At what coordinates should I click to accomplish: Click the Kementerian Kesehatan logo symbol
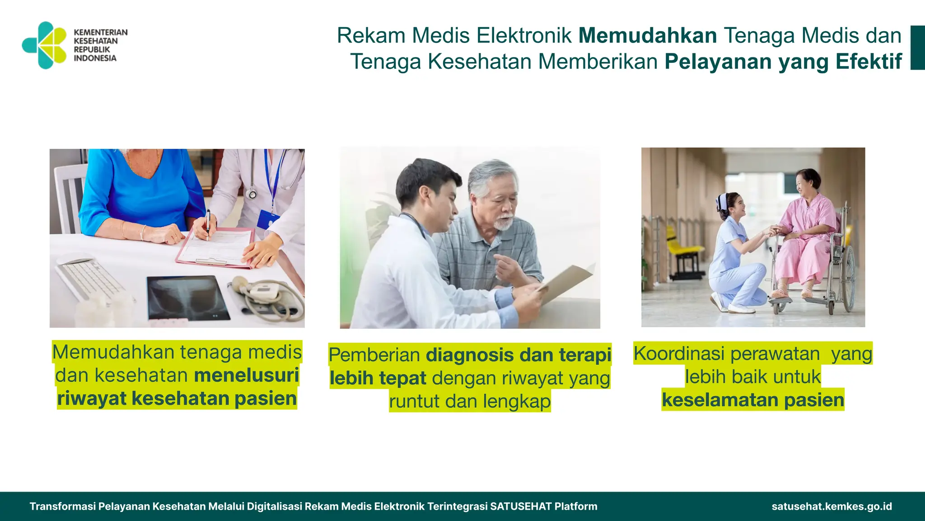click(45, 45)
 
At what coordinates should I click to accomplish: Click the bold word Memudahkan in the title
click(648, 36)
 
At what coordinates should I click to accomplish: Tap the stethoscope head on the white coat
click(252, 194)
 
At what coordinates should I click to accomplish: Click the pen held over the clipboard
click(208, 224)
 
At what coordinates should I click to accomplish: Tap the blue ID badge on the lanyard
click(268, 219)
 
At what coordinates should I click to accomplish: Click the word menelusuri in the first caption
click(247, 375)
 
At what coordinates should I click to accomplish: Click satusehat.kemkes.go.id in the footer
click(832, 507)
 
